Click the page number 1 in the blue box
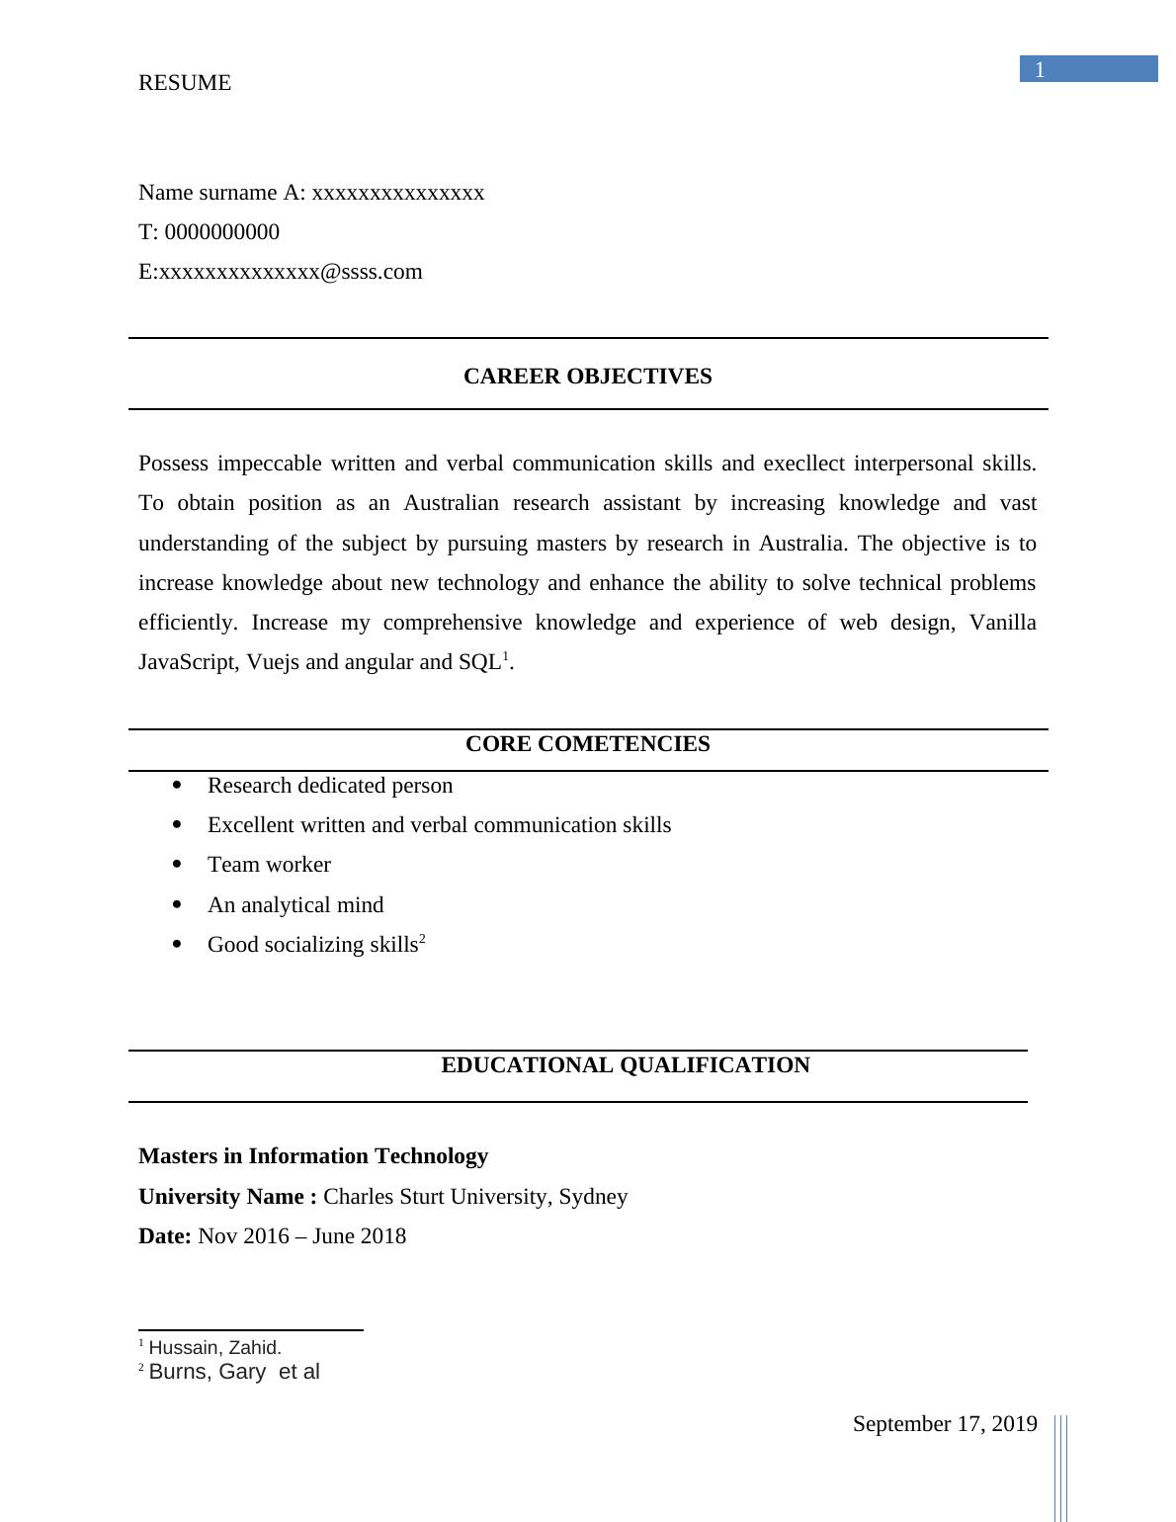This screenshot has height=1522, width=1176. (1040, 69)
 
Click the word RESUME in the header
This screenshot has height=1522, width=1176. (185, 83)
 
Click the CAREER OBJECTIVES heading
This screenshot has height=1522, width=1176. (587, 377)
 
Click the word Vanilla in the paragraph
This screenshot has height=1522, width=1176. (1002, 623)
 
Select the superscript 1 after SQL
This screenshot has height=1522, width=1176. (506, 656)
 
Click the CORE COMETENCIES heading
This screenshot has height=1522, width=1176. (587, 744)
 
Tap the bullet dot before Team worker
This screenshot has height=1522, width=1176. (178, 864)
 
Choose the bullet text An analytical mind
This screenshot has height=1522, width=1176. (295, 905)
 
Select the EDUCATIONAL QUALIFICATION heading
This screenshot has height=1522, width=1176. (625, 1065)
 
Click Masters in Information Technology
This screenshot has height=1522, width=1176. (313, 1156)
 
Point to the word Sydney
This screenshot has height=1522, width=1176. (593, 1197)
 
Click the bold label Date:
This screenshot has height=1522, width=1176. (164, 1236)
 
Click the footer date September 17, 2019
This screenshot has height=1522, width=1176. (945, 1424)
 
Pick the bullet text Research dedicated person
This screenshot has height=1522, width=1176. (330, 786)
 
